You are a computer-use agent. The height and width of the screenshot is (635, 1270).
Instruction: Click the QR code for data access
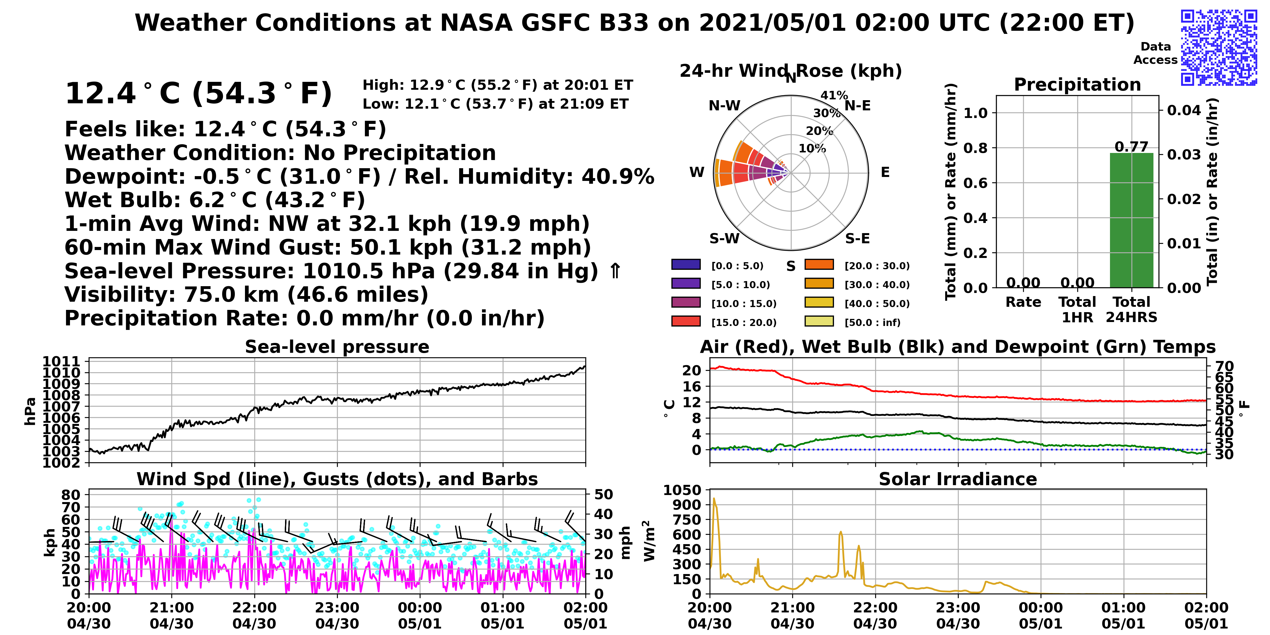click(x=1219, y=47)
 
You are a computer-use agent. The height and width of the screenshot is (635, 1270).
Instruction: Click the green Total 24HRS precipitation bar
click(x=1131, y=220)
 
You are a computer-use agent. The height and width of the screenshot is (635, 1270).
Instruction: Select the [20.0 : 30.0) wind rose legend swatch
click(x=819, y=265)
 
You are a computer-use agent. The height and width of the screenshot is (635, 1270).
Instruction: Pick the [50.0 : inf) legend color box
click(x=819, y=321)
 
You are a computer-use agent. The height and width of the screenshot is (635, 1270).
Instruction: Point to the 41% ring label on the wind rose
click(x=834, y=95)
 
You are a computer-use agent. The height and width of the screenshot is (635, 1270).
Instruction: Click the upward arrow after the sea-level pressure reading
click(x=615, y=271)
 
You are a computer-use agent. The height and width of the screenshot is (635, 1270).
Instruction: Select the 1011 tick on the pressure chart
click(x=61, y=361)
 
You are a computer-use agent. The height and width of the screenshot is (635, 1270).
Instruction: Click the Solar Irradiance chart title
click(x=958, y=479)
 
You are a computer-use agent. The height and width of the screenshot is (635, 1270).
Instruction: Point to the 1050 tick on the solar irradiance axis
click(x=682, y=490)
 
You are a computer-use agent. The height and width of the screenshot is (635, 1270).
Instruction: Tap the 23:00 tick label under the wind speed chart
click(x=337, y=607)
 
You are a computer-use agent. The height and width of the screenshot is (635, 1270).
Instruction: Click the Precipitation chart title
click(x=1077, y=85)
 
